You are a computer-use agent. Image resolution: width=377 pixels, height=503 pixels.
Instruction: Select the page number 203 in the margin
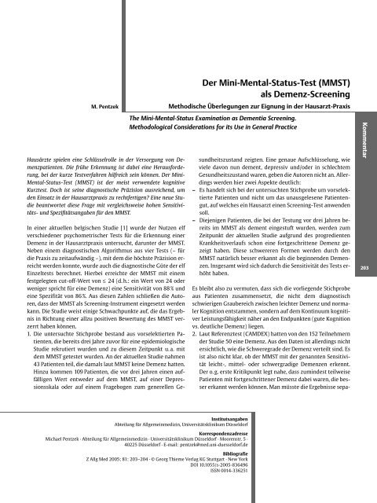364,270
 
